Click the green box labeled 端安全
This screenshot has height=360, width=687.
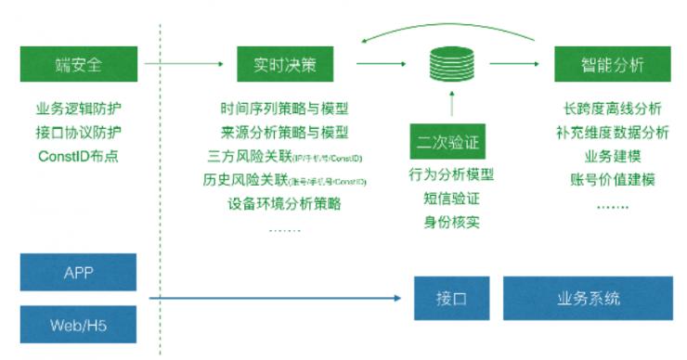click(78, 64)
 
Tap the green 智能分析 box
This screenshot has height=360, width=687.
click(612, 64)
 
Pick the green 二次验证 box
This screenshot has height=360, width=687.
click(450, 142)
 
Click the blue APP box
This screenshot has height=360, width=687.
click(78, 273)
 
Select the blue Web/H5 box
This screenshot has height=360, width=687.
click(78, 325)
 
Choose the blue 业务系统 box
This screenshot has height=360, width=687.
click(588, 299)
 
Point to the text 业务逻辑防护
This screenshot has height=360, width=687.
click(78, 109)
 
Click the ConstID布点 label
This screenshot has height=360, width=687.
click(78, 155)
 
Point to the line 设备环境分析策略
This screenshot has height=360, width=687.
click(283, 203)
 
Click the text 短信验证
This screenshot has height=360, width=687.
click(450, 198)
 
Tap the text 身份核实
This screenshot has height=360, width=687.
click(450, 222)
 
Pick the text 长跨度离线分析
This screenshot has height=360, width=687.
click(612, 109)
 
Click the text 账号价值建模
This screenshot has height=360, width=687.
click(612, 179)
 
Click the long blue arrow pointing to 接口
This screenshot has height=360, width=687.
click(279, 299)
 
